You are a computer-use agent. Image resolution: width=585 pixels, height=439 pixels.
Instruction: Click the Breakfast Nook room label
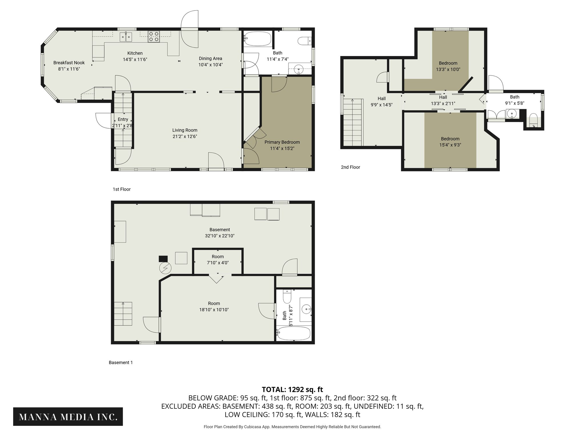click(69, 63)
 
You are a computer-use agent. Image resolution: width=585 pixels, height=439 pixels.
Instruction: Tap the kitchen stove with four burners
click(153, 37)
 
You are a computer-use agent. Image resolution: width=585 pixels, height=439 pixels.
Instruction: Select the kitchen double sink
click(126, 37)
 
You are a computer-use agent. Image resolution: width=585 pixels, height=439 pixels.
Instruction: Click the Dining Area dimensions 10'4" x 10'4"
click(211, 65)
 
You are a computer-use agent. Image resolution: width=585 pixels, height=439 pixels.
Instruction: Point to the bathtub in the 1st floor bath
click(257, 39)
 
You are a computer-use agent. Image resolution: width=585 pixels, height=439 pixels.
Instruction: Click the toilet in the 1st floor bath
click(304, 41)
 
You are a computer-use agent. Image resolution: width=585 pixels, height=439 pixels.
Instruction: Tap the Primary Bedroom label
click(282, 142)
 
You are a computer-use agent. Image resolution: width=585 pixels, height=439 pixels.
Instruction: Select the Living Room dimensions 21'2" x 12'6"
click(185, 137)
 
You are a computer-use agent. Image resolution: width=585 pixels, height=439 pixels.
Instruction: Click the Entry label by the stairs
click(123, 119)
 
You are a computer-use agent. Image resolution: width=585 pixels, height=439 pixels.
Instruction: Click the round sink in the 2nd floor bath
click(512, 114)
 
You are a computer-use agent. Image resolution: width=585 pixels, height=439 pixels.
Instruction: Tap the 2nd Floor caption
click(350, 167)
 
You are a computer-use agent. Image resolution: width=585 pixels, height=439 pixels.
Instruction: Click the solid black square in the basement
click(163, 259)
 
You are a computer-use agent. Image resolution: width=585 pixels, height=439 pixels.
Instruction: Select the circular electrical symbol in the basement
click(165, 268)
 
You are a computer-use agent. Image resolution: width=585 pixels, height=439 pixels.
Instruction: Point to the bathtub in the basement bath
click(294, 334)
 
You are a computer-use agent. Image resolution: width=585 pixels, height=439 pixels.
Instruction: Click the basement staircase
click(123, 314)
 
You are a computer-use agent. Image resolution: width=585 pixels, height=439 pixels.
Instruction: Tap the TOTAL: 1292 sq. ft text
click(292, 390)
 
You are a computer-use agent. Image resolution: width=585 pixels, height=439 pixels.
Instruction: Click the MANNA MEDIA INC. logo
click(68, 417)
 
